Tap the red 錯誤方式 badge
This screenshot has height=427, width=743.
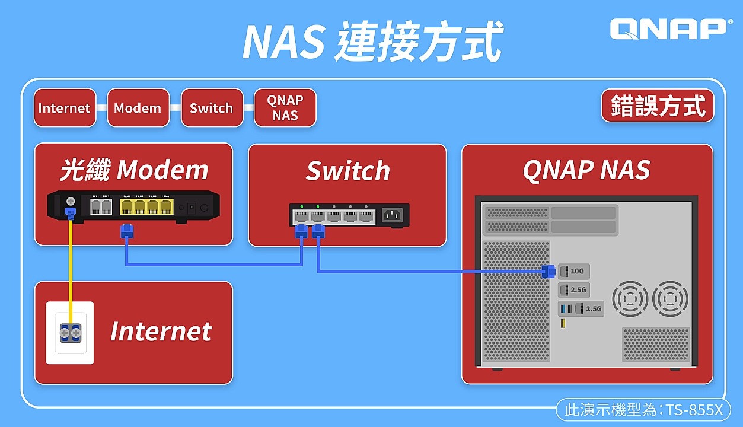pyautogui.click(x=658, y=106)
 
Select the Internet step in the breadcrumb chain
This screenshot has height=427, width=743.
pyautogui.click(x=64, y=108)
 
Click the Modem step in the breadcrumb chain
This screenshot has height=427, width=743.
pyautogui.click(x=138, y=108)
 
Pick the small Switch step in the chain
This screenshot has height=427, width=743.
pyautogui.click(x=211, y=108)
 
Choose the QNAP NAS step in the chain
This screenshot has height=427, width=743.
pyautogui.click(x=285, y=108)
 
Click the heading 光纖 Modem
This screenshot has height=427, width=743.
pyautogui.click(x=133, y=170)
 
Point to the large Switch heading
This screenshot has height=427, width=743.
pyautogui.click(x=347, y=171)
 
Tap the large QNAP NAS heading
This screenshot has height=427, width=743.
pyautogui.click(x=586, y=170)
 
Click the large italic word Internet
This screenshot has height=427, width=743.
pyautogui.click(x=161, y=331)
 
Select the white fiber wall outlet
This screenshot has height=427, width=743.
pyautogui.click(x=70, y=333)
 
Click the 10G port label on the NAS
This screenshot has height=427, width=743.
pyautogui.click(x=577, y=272)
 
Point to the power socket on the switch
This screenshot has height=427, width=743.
pyautogui.click(x=392, y=215)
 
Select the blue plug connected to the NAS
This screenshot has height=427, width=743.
pyautogui.click(x=549, y=272)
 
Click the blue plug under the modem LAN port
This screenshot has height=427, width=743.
pyautogui.click(x=127, y=231)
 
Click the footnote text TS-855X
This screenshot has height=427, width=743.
pyautogui.click(x=694, y=410)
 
